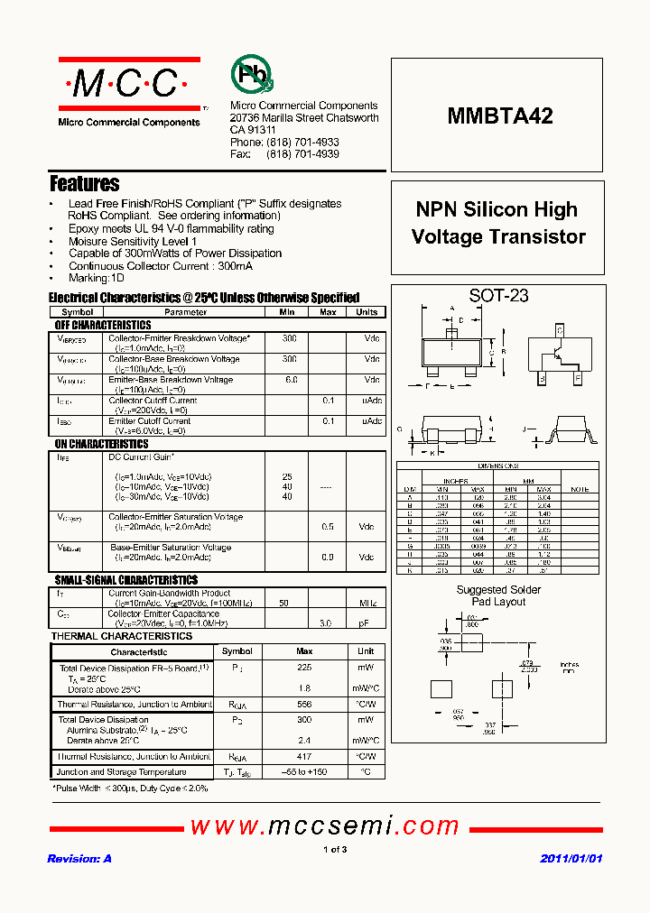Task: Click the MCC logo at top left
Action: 129,85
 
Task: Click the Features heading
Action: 84,183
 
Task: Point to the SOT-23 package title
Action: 498,295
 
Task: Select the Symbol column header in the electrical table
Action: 77,312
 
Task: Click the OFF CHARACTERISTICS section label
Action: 103,325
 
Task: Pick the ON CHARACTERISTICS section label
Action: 101,444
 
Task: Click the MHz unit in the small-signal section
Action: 367,602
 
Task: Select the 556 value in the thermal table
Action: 304,704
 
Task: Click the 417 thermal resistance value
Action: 304,757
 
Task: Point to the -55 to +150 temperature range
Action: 304,772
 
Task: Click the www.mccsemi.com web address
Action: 325,825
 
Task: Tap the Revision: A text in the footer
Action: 79,859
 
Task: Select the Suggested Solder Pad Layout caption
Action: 498,595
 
